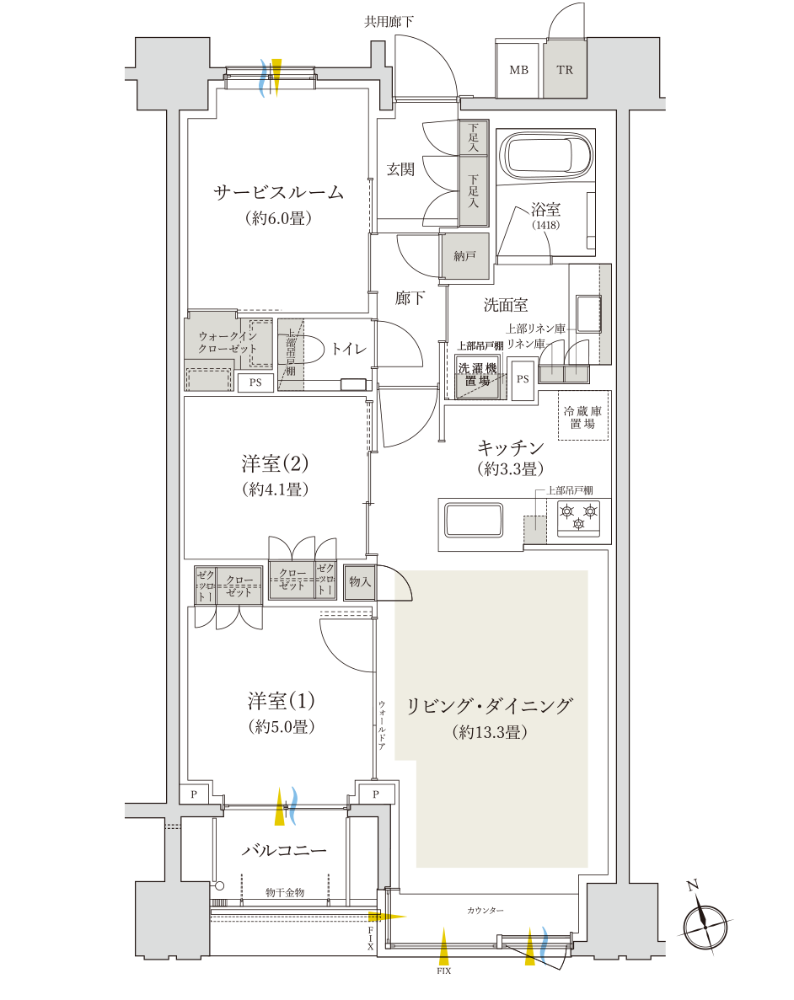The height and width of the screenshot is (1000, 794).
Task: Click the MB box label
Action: click(x=518, y=69)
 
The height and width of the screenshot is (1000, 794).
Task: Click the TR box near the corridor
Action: click(x=565, y=69)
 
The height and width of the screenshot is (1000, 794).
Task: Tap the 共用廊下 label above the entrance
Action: click(x=389, y=21)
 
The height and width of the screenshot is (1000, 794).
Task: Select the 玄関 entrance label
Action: click(x=400, y=169)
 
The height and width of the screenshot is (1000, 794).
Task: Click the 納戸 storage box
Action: click(x=464, y=255)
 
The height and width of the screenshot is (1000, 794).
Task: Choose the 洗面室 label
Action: click(x=505, y=304)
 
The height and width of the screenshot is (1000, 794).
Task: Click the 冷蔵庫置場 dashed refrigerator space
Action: click(x=582, y=417)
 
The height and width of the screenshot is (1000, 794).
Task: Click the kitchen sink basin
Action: click(x=473, y=519)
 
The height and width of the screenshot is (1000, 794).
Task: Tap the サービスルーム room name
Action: click(x=278, y=192)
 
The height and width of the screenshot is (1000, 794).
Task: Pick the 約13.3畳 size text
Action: click(x=489, y=733)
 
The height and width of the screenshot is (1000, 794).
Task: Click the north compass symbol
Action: click(x=705, y=924)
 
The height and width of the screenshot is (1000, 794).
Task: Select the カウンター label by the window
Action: click(x=485, y=911)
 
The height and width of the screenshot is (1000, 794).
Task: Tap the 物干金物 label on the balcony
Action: click(x=284, y=892)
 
